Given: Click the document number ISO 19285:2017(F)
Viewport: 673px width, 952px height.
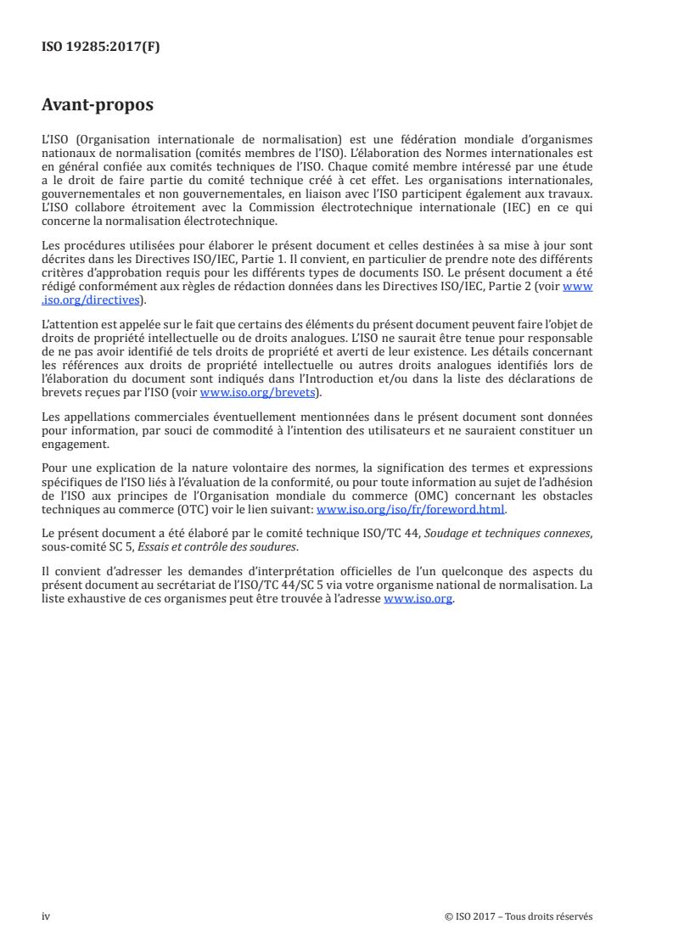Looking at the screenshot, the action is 101,48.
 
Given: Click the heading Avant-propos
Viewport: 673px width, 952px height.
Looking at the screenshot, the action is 98,106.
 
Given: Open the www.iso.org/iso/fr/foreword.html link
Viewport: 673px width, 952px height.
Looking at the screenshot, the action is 411,510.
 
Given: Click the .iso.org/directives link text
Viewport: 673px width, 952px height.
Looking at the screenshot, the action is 93,300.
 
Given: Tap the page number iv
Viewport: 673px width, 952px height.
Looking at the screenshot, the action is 46,916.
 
